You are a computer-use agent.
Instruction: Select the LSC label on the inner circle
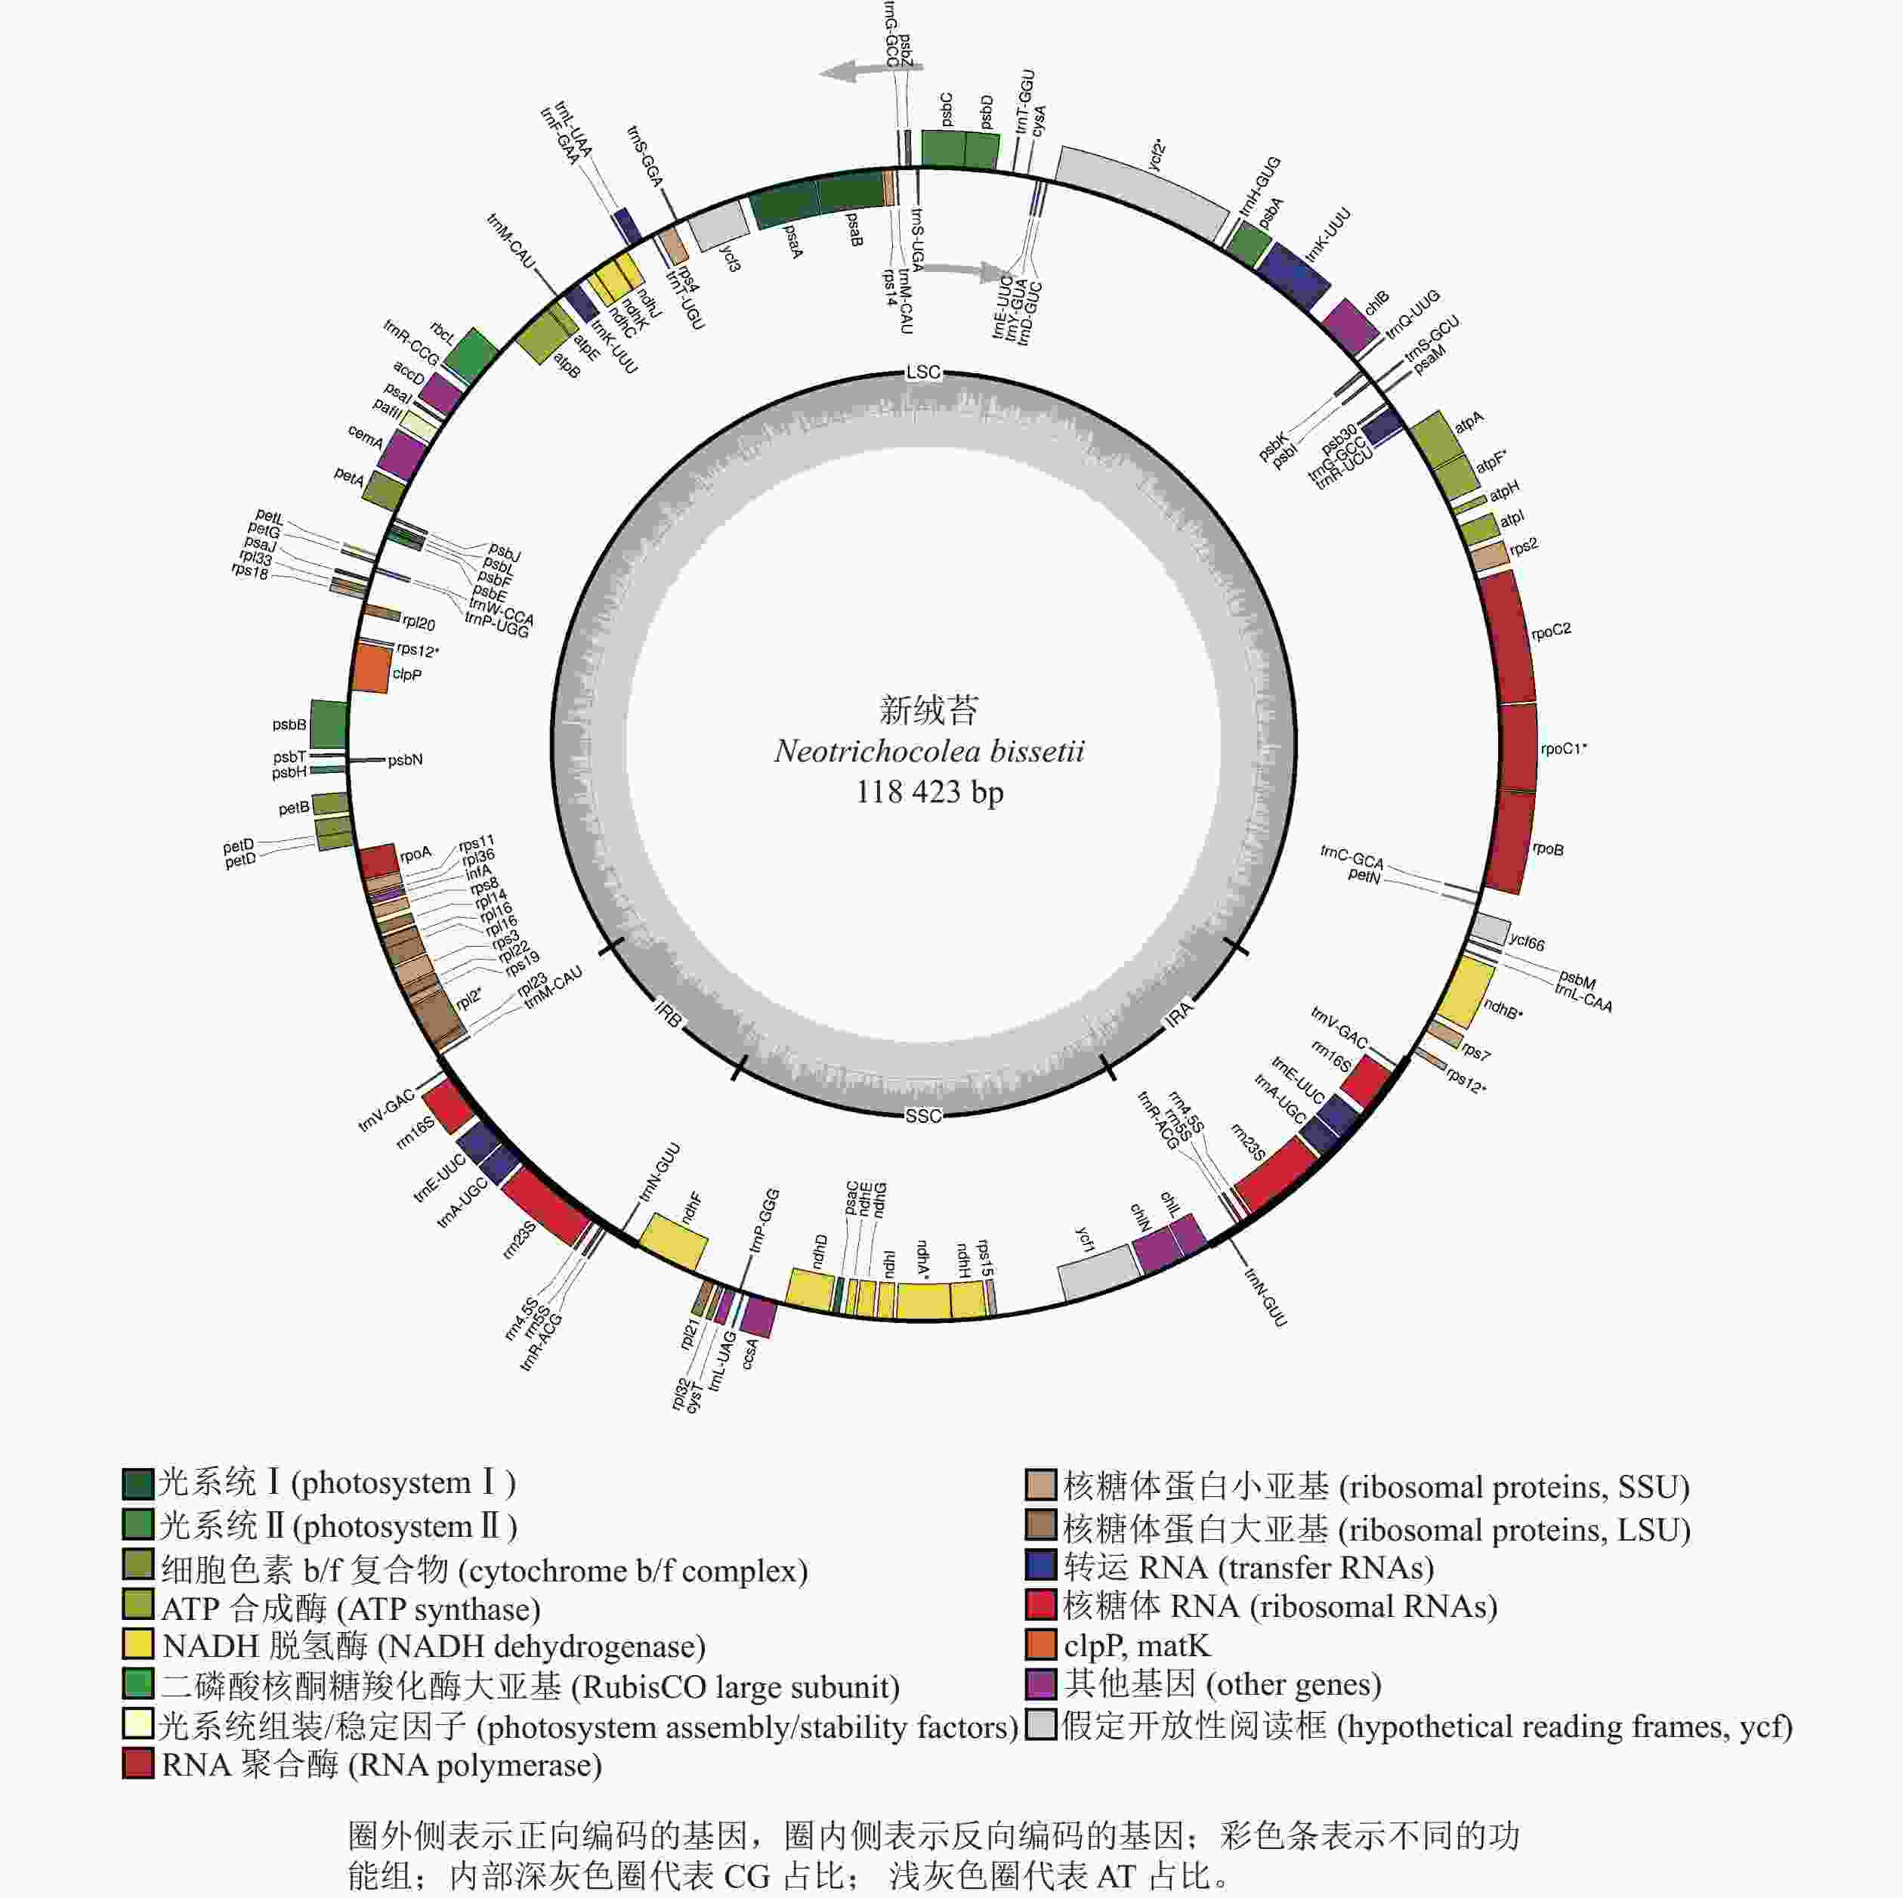(x=923, y=372)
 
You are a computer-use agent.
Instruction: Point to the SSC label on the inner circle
(x=923, y=1115)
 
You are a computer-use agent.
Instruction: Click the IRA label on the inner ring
(x=1179, y=1015)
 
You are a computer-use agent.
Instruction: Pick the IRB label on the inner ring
(x=668, y=1015)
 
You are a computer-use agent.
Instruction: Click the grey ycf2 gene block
(x=1142, y=192)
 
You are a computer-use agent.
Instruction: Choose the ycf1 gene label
(x=1083, y=1239)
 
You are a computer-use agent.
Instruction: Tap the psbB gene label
(x=289, y=725)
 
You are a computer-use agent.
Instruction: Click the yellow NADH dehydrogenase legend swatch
(x=138, y=1646)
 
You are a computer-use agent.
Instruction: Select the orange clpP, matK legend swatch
(x=1040, y=1645)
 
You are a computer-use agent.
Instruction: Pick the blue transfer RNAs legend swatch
(x=1040, y=1566)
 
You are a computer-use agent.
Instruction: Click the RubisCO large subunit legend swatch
(x=138, y=1685)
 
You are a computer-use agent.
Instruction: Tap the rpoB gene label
(x=1547, y=849)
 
